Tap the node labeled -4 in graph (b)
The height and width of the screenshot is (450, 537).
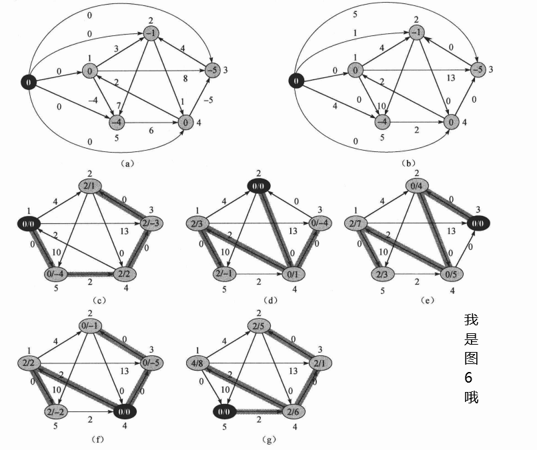click(x=382, y=123)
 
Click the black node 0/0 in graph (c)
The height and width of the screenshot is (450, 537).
click(x=29, y=223)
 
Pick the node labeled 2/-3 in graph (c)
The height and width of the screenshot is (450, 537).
click(x=151, y=224)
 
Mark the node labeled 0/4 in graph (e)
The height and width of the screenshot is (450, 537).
click(x=420, y=185)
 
